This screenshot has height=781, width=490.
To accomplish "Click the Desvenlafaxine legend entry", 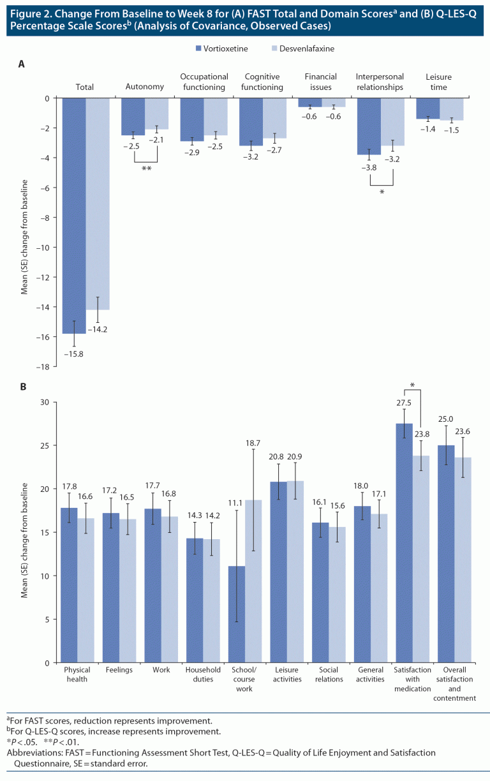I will pos(303,48).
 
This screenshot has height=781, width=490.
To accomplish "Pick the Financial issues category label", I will pos(321,82).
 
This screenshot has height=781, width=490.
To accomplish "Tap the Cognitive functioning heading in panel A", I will pos(262,82).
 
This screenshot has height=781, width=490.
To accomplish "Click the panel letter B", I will pos(22,387).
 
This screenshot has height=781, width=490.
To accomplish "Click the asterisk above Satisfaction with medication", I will pos(413,385).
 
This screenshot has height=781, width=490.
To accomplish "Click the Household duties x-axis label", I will pos(203,674).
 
